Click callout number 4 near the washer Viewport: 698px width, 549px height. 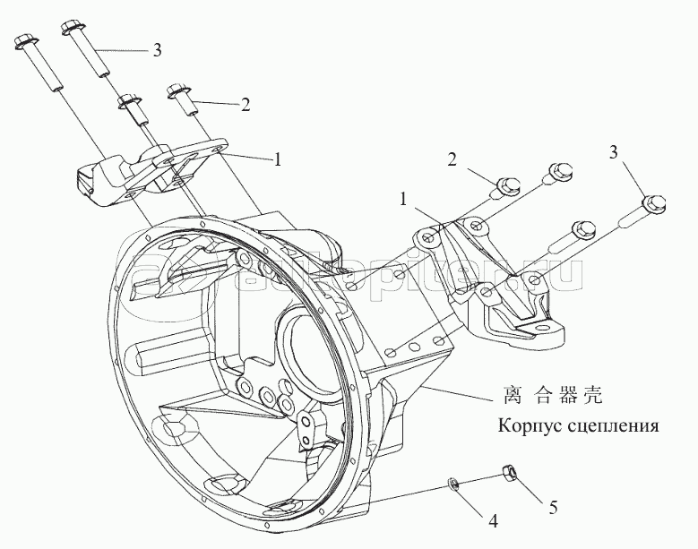(493, 520)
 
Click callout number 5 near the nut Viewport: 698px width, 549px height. (553, 507)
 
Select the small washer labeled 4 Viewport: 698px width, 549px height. (452, 483)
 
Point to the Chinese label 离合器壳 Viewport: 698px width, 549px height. (554, 395)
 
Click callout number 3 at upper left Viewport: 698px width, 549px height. (157, 51)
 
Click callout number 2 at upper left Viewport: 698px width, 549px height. (246, 105)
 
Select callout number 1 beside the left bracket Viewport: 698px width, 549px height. (278, 159)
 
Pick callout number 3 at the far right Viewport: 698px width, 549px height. (614, 153)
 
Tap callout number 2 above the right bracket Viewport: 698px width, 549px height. (452, 159)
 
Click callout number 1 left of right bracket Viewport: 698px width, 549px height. (403, 200)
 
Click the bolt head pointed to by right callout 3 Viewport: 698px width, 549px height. (655, 204)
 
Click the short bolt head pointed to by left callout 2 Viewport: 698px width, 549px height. (177, 91)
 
